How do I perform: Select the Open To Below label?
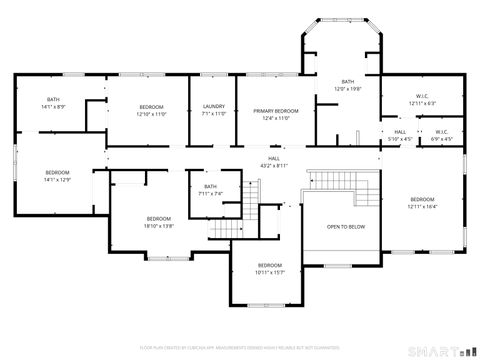coord(346,227)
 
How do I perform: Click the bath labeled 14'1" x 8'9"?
coord(53,103)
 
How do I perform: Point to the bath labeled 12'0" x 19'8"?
coord(347,86)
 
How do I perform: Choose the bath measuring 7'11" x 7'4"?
coord(210,190)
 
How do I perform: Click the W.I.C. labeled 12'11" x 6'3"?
coord(422,100)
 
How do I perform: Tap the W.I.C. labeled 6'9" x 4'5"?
coord(441,135)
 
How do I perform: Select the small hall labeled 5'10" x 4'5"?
coord(400,135)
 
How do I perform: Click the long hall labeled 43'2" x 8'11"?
coord(274,162)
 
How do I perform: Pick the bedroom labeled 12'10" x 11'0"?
coord(151,110)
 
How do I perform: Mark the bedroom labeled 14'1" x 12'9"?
coord(56,177)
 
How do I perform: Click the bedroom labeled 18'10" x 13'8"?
coord(159,222)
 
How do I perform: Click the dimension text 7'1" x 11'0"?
coord(214,114)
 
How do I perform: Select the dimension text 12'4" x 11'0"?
coord(275,118)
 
